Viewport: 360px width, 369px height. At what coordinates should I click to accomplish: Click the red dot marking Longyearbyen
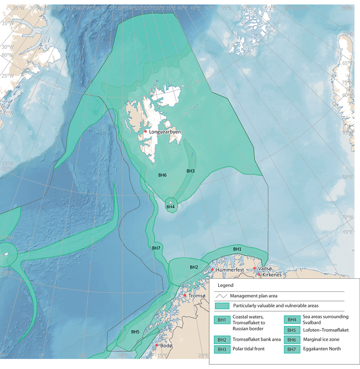coord(146,131)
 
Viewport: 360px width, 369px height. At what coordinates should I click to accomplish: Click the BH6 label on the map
coord(162,175)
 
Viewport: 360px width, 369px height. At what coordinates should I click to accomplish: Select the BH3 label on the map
coord(190,171)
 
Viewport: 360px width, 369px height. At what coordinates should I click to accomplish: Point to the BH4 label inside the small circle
coord(170,207)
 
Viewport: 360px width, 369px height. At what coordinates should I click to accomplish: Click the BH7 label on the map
coord(156,248)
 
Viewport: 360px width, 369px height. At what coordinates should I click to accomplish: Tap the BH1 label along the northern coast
coord(237,249)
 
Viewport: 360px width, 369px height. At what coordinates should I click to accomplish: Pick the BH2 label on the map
coord(194,267)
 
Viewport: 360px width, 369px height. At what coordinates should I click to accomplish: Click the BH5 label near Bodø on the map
coord(135,332)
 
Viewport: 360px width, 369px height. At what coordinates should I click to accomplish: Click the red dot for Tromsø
coord(185,296)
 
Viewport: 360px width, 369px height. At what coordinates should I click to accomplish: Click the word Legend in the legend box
coord(225,285)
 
